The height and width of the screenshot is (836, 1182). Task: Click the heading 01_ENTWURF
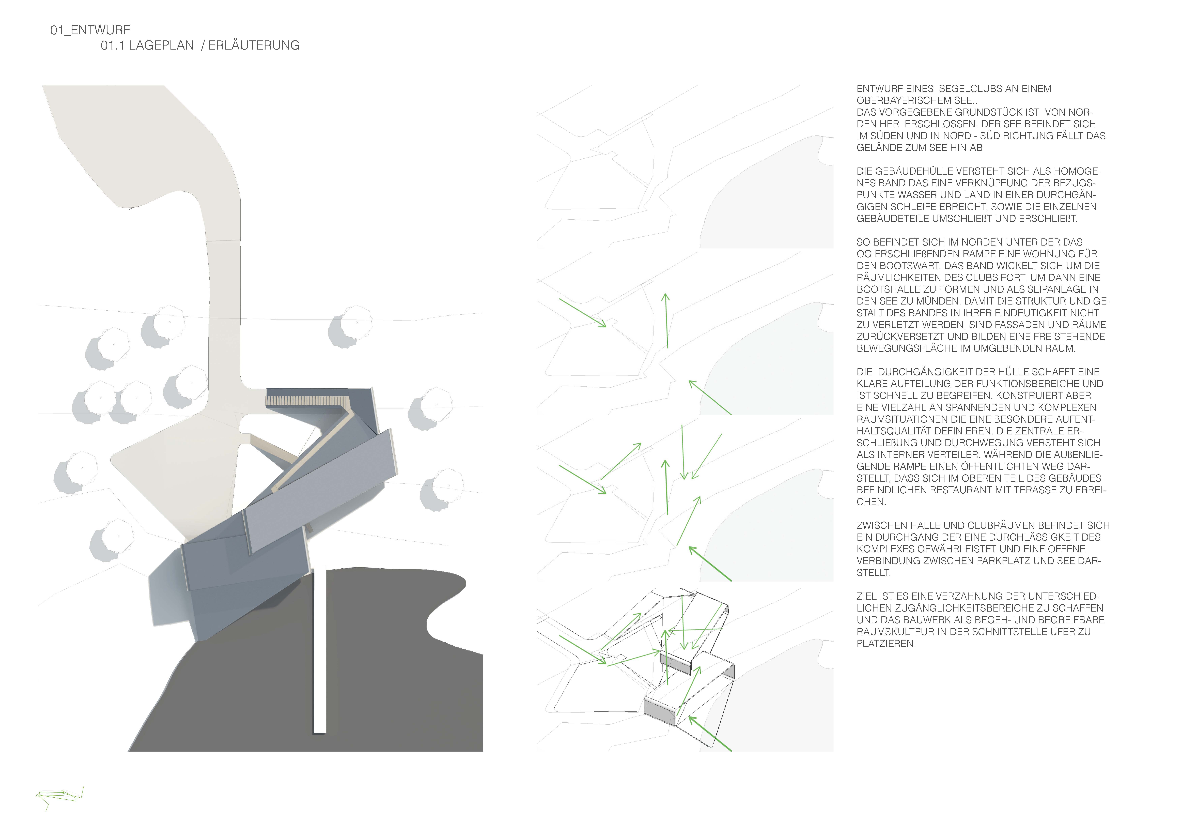pos(90,30)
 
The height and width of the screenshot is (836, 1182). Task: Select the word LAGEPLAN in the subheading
pos(161,45)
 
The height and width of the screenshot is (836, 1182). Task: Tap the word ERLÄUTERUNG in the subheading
pos(254,45)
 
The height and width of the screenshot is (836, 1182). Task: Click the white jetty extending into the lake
pos(320,649)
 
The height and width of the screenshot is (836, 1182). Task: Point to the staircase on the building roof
pos(308,401)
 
